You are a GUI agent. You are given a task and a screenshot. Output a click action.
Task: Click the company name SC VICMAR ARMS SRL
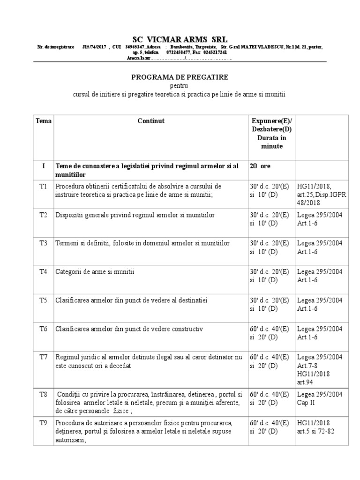click(x=180, y=38)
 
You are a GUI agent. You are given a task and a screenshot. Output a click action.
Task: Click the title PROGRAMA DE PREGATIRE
click(x=180, y=77)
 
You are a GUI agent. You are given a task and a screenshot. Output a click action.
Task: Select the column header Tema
click(x=43, y=121)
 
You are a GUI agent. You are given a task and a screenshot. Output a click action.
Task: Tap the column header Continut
click(x=151, y=121)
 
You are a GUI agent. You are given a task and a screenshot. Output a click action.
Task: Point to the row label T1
click(x=43, y=186)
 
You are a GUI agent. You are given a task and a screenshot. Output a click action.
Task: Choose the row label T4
click(x=43, y=271)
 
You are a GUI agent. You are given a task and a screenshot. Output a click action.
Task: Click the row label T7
click(x=43, y=357)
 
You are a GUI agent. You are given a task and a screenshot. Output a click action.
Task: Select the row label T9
click(x=43, y=423)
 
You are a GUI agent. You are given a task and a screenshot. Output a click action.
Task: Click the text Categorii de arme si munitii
click(x=95, y=271)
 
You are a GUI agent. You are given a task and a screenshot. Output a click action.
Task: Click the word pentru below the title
click(x=180, y=86)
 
